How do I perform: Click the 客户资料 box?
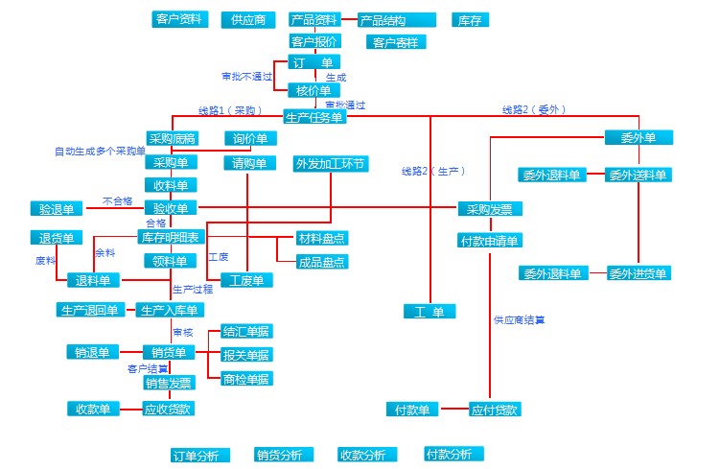click(x=178, y=19)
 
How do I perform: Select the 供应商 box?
click(x=247, y=20)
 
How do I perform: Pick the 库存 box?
click(x=466, y=20)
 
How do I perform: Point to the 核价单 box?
click(x=314, y=90)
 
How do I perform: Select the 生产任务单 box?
click(x=314, y=117)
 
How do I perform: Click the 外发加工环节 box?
click(x=331, y=163)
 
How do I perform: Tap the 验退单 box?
click(x=57, y=208)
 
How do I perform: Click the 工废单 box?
click(x=247, y=280)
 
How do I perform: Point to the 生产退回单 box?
click(x=89, y=310)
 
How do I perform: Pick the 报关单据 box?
click(x=246, y=355)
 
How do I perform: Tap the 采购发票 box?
click(x=490, y=210)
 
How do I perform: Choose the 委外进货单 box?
click(x=639, y=273)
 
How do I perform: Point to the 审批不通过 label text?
click(x=247, y=76)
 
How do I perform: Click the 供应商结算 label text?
click(x=520, y=319)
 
